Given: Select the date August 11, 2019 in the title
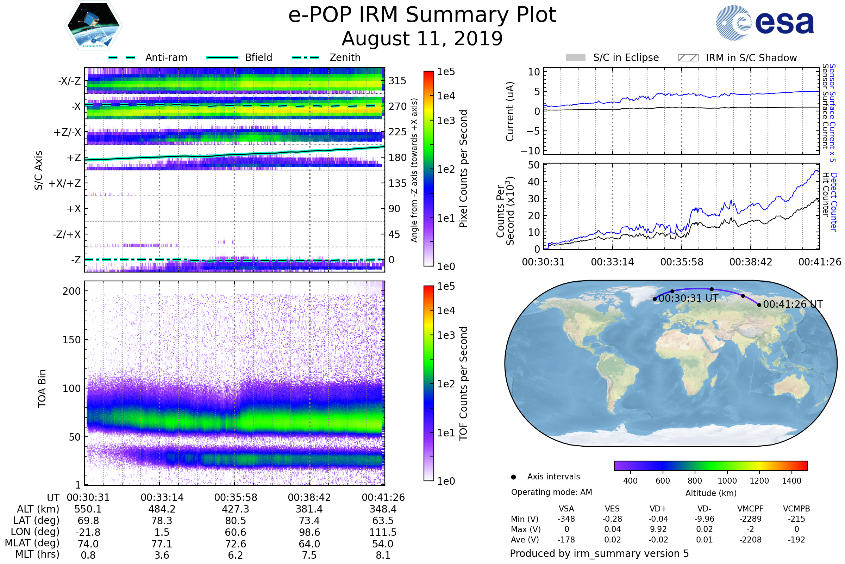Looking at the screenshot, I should pyautogui.click(x=422, y=39).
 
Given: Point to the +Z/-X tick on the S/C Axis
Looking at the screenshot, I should pyautogui.click(x=67, y=133).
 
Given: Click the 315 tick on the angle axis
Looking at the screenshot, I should pyautogui.click(x=397, y=81).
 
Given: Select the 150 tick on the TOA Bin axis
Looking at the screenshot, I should pyautogui.click(x=71, y=340).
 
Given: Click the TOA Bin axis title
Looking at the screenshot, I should pyautogui.click(x=42, y=388).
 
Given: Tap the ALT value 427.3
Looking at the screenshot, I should pyautogui.click(x=236, y=509).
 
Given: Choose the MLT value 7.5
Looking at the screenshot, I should pyautogui.click(x=309, y=555).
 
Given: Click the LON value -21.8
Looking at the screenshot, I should pyautogui.click(x=88, y=532).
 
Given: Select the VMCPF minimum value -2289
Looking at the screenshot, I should pyautogui.click(x=750, y=519).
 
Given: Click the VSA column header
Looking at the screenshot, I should pyautogui.click(x=566, y=509).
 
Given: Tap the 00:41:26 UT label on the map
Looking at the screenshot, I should pyautogui.click(x=793, y=304).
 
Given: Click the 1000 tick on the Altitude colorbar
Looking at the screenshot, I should pyautogui.click(x=727, y=481).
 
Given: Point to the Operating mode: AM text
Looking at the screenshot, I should pyautogui.click(x=551, y=492).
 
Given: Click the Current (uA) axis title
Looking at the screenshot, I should pyautogui.click(x=510, y=111).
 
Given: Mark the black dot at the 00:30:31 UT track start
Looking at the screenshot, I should pyautogui.click(x=655, y=299).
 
